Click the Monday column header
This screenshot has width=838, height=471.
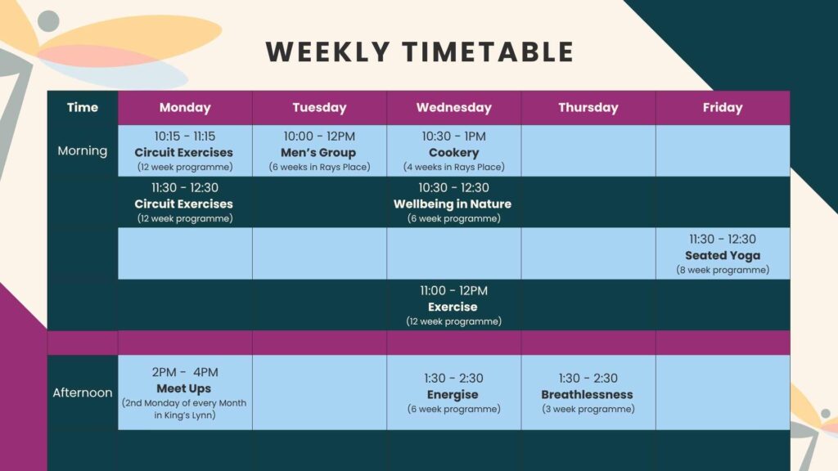[185, 108]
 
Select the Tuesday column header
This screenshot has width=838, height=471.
[320, 108]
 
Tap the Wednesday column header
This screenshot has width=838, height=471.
[453, 108]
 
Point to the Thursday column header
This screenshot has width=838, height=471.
[588, 108]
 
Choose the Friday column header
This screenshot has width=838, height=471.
[723, 108]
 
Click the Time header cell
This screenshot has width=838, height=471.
[83, 108]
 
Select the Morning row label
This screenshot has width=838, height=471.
[83, 150]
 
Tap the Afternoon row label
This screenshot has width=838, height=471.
[83, 392]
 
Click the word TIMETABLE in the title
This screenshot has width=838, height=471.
[488, 52]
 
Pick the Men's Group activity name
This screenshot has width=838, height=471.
[318, 153]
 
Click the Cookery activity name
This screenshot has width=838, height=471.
[453, 153]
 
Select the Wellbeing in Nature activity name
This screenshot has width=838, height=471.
[453, 204]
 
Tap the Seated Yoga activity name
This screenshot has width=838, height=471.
[723, 255]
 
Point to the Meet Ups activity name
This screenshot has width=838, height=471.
[184, 388]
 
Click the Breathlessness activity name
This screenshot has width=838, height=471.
[588, 395]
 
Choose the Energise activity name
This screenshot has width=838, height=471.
[453, 395]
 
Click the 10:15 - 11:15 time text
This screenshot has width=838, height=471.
[185, 137]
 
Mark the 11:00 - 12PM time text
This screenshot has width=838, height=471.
[453, 291]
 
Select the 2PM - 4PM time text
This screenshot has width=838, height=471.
[185, 372]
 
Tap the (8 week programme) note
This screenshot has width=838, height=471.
[723, 270]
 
